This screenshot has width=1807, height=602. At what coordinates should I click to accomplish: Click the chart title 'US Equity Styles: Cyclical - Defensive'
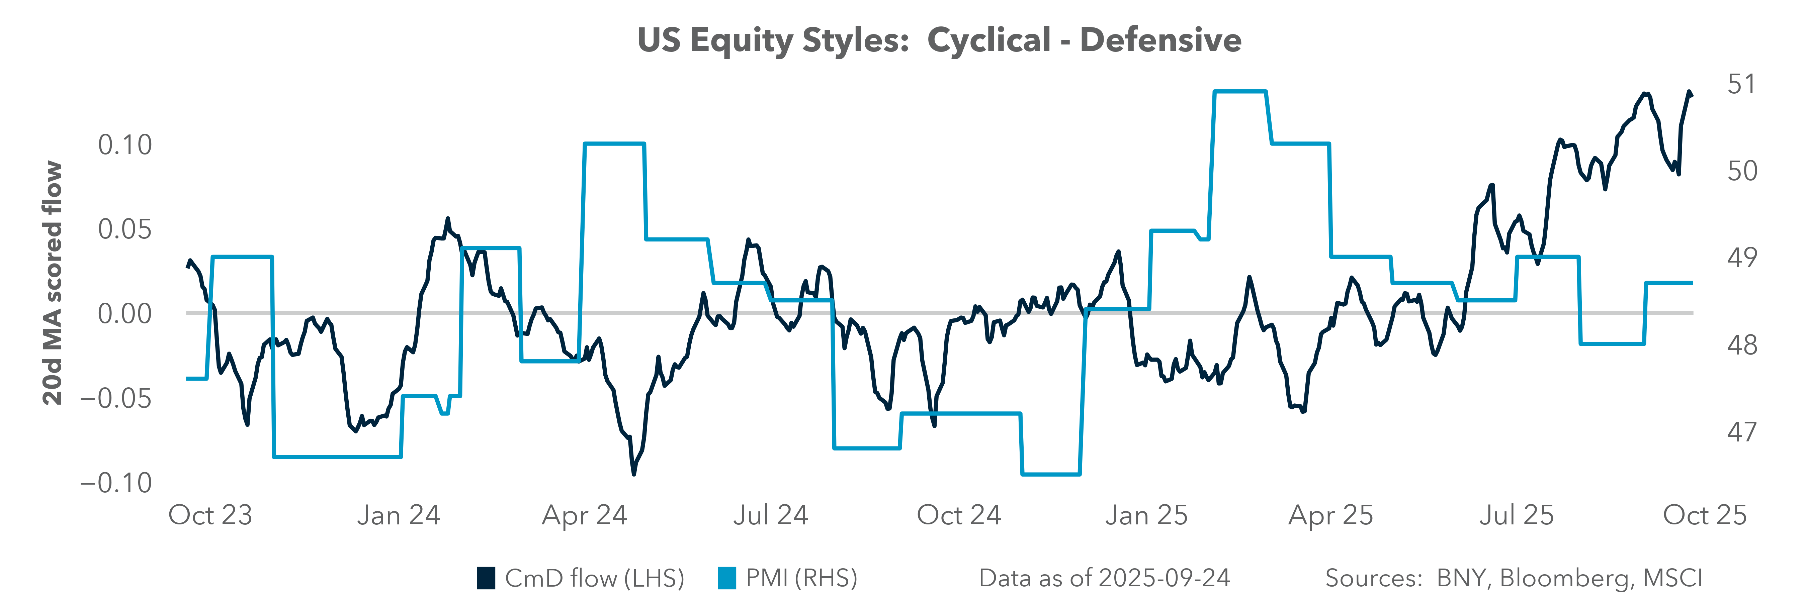(939, 40)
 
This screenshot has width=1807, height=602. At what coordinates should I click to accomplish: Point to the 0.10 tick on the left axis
(125, 145)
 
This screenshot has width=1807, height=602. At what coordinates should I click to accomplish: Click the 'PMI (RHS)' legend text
(801, 578)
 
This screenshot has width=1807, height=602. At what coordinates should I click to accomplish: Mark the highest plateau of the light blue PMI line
(1239, 91)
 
